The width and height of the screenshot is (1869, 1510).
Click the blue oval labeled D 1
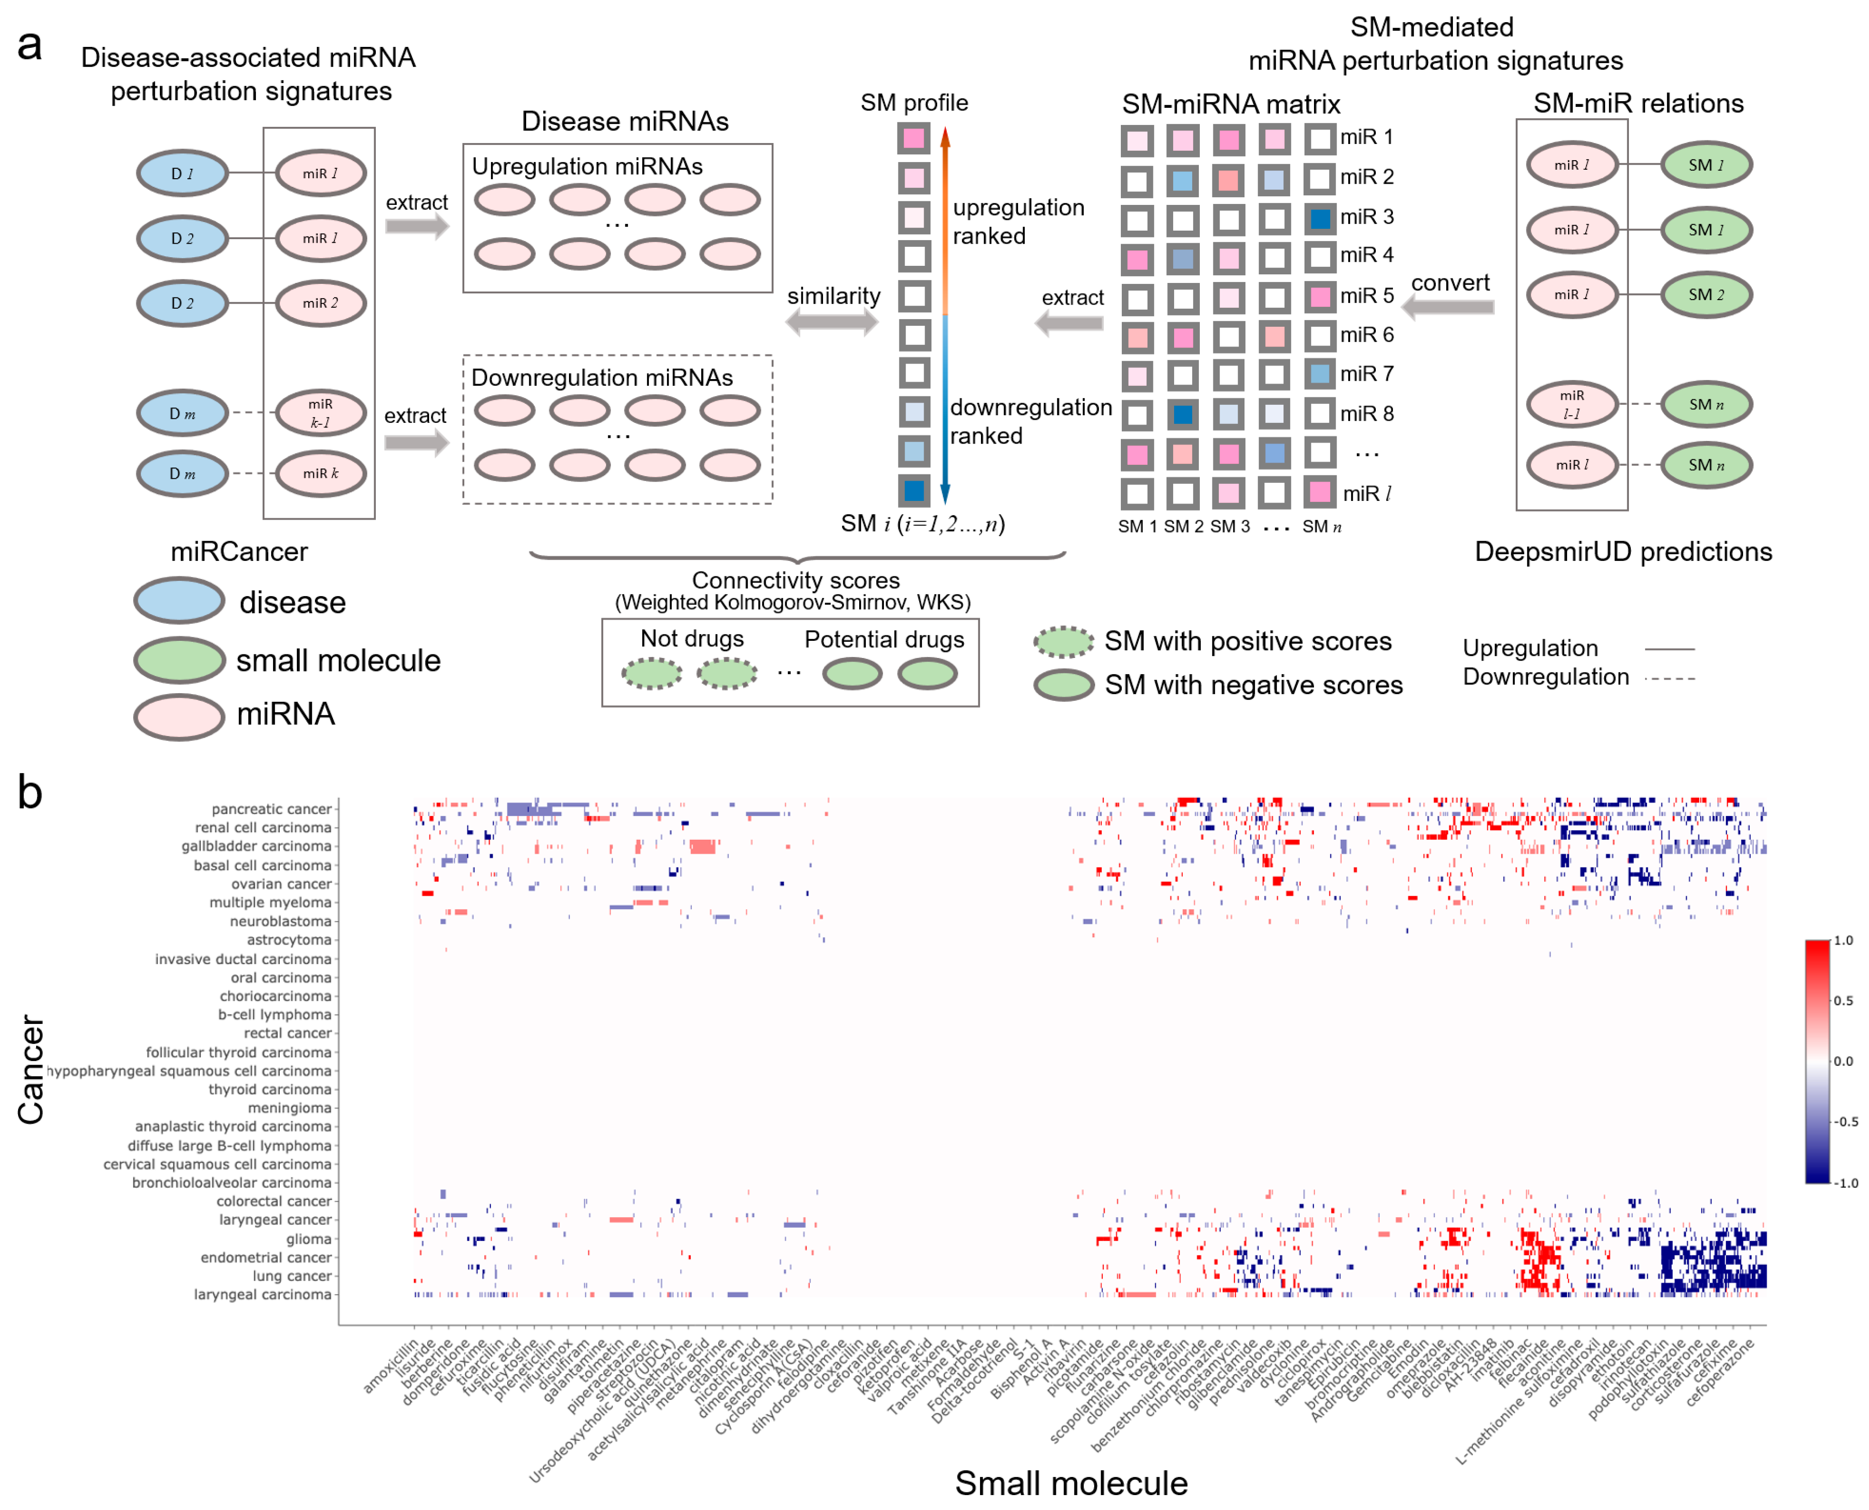coord(182,173)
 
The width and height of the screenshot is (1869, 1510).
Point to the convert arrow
coord(1448,306)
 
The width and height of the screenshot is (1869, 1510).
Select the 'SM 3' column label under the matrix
coord(1228,526)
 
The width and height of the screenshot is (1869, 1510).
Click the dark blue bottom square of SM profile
coord(913,491)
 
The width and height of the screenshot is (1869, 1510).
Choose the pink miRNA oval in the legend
coord(179,717)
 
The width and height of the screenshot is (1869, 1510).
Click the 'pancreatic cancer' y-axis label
coord(271,809)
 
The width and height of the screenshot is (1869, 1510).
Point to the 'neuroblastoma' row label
coord(280,921)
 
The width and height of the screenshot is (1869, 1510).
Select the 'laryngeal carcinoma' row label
coord(263,1294)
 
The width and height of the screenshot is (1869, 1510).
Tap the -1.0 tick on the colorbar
coord(1845,1183)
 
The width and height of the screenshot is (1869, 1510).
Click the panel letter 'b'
coord(30,792)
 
